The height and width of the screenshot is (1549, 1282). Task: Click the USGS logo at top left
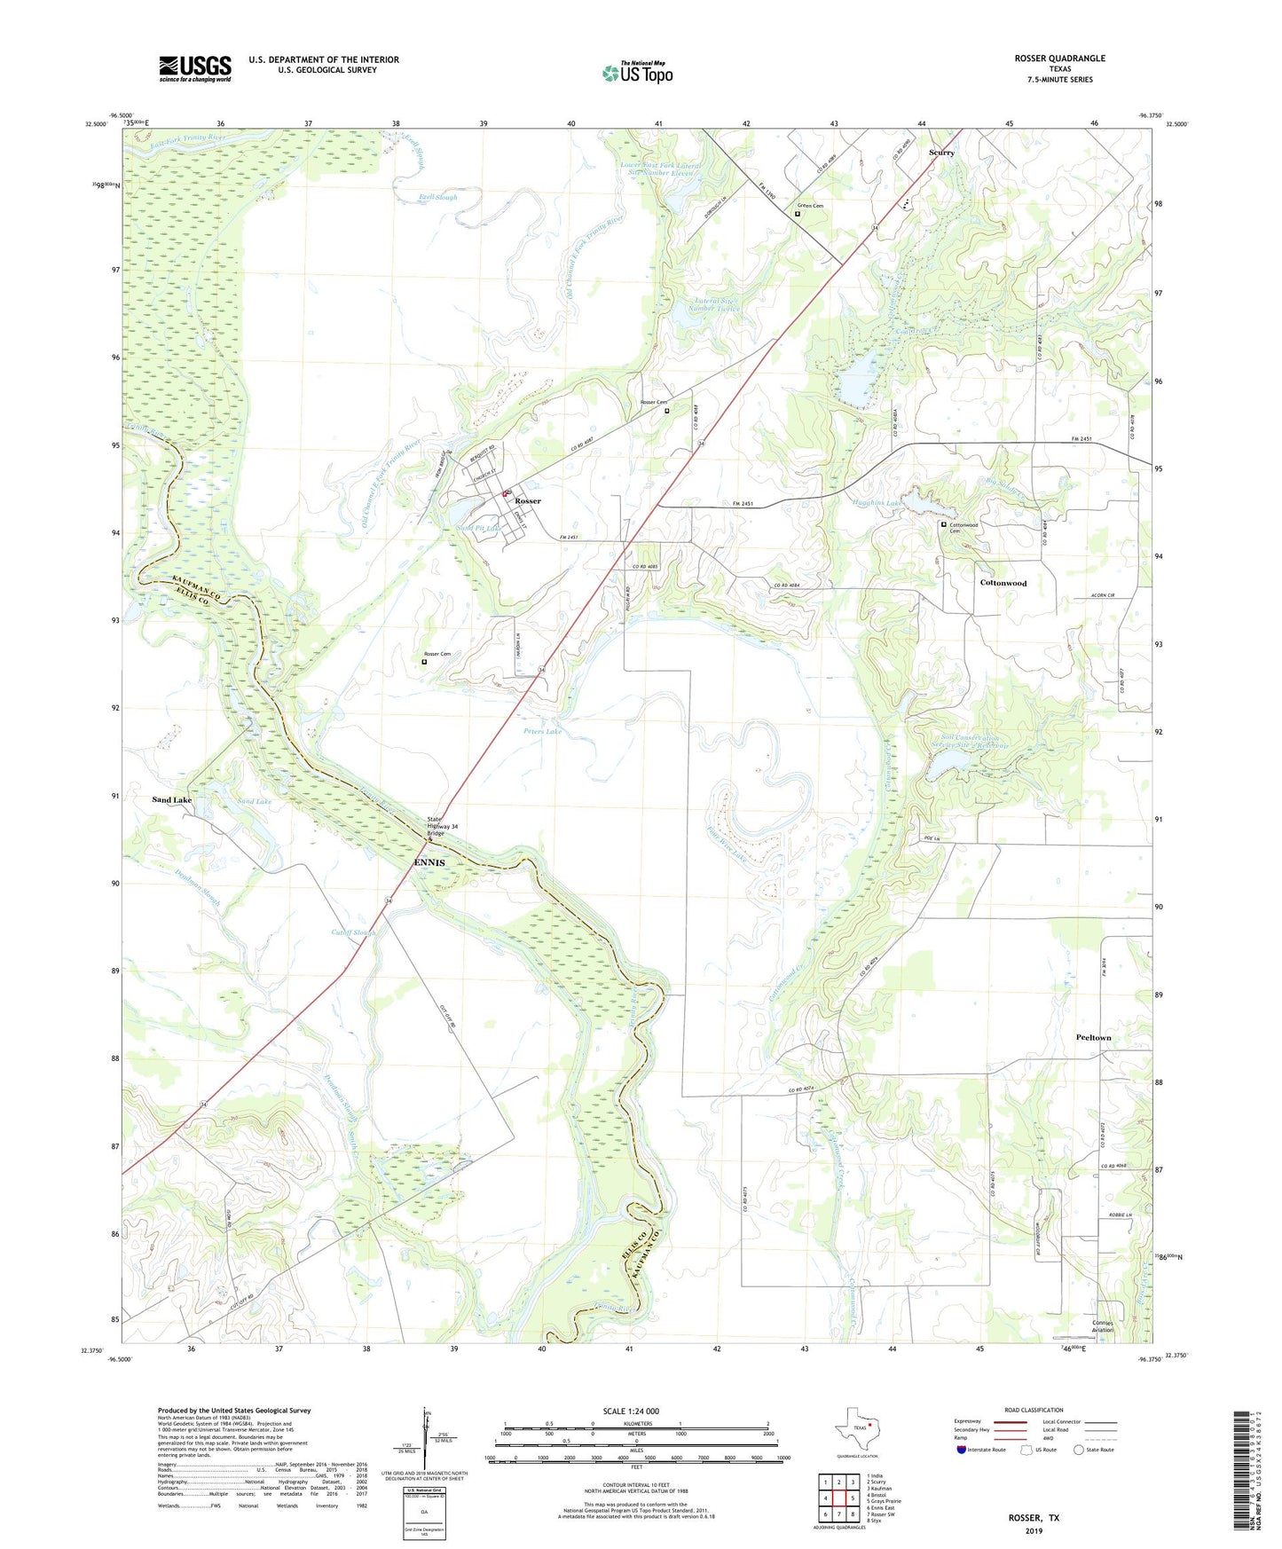194,68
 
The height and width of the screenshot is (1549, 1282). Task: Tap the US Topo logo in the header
637,73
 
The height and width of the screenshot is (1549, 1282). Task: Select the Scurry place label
941,153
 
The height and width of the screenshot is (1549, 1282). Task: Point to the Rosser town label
528,501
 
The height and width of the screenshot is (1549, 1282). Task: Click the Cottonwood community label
1003,583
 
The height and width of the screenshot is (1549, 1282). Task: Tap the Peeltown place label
1093,1037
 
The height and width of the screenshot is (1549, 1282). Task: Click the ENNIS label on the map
429,862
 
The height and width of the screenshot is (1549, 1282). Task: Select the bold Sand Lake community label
171,800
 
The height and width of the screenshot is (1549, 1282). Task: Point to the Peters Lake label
542,731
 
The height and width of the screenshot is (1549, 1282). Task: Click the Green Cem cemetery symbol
798,214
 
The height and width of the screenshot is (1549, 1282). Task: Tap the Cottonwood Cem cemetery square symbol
943,524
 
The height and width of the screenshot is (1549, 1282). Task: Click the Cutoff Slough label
353,932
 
